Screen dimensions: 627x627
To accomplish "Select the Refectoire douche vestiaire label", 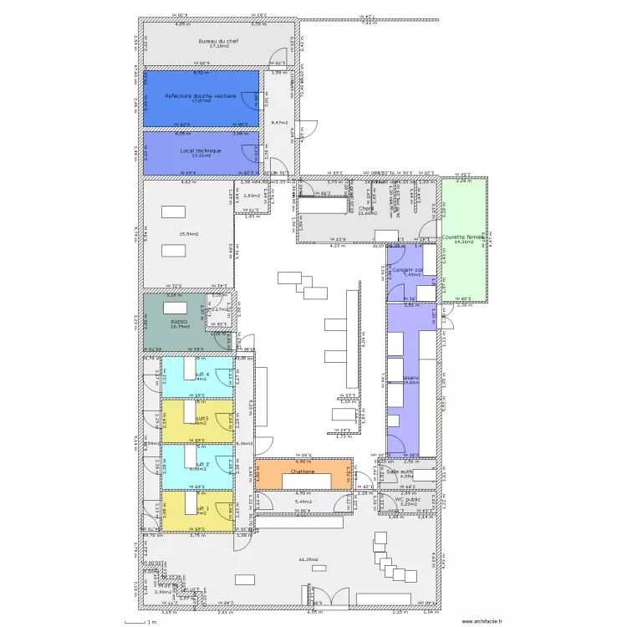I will [x=200, y=96].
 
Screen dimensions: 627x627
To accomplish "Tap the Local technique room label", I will [x=201, y=151].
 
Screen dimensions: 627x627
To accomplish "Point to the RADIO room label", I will [x=179, y=321].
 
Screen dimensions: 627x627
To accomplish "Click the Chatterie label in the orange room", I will [x=303, y=472].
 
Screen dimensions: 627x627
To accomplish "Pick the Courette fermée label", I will [x=465, y=237].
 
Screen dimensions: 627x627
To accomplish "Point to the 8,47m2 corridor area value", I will [x=279, y=123].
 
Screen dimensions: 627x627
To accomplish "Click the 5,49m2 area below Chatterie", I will [x=303, y=502].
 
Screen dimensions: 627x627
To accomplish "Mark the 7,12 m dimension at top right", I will [x=369, y=23].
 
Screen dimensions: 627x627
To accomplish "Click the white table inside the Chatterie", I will [x=303, y=480].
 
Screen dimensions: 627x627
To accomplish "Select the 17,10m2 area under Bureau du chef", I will [x=218, y=47].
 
